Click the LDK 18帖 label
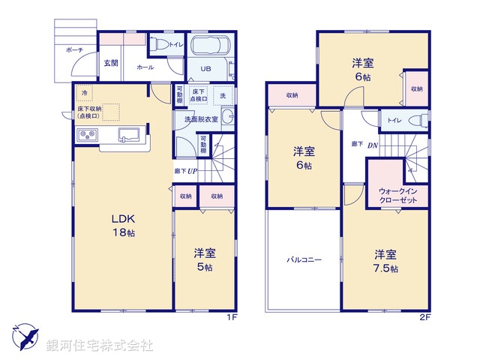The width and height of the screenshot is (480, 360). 124,226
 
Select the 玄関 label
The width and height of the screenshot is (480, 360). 111,63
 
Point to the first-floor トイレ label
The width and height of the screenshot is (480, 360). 175,43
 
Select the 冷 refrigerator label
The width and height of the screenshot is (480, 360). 85,93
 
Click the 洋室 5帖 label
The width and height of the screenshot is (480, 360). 204,259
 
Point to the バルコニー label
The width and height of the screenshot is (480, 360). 303,260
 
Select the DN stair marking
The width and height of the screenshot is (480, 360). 372,145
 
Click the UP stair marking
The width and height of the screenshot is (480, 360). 192,170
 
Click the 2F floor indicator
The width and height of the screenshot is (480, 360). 424,317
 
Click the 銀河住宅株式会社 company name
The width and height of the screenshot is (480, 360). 99,346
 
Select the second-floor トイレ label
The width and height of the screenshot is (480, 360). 394,120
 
